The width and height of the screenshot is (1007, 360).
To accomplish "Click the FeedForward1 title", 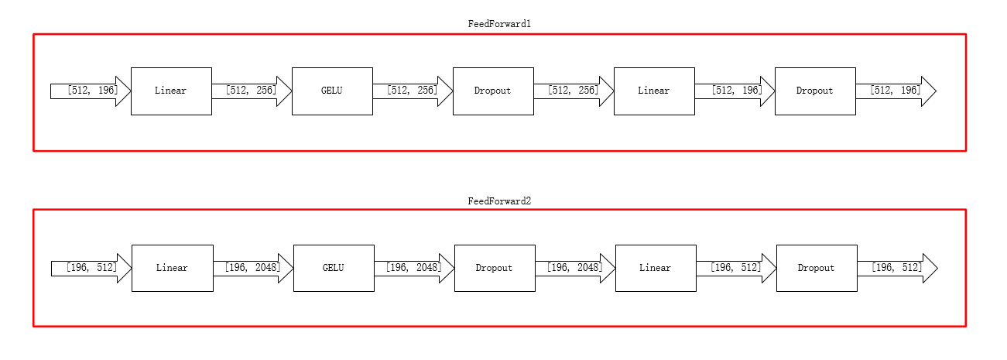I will click(x=499, y=24).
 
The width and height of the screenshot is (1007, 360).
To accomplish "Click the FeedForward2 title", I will click(x=499, y=201).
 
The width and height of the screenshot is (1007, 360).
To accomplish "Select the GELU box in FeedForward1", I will click(x=332, y=91).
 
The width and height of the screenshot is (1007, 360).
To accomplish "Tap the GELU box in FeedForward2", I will click(x=334, y=268).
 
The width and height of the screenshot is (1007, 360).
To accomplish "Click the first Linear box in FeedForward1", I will click(x=171, y=91).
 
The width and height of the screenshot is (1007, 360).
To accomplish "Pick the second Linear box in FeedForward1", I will click(x=654, y=91).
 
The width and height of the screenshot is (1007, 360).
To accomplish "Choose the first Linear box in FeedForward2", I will click(x=172, y=268).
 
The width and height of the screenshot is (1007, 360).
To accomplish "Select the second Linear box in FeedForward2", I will click(x=656, y=268).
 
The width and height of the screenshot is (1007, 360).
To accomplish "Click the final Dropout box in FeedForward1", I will click(x=815, y=91).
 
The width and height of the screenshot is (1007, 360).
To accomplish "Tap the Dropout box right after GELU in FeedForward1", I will click(x=493, y=91).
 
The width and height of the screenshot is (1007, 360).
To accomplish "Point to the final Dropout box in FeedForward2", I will click(x=817, y=268).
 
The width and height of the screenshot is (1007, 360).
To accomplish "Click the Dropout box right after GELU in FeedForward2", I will click(x=495, y=268).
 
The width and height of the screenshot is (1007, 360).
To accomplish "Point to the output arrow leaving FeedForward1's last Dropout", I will click(x=896, y=91).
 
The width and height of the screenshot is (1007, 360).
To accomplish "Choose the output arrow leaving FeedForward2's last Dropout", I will click(x=897, y=268).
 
